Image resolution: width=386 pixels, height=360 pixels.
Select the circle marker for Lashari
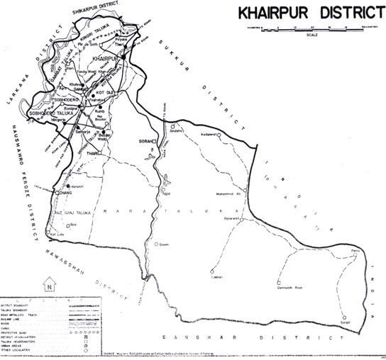pos(212,271)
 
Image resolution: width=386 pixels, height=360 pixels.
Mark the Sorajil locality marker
pos(343,317)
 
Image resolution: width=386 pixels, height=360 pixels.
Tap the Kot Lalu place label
pos(57,233)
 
